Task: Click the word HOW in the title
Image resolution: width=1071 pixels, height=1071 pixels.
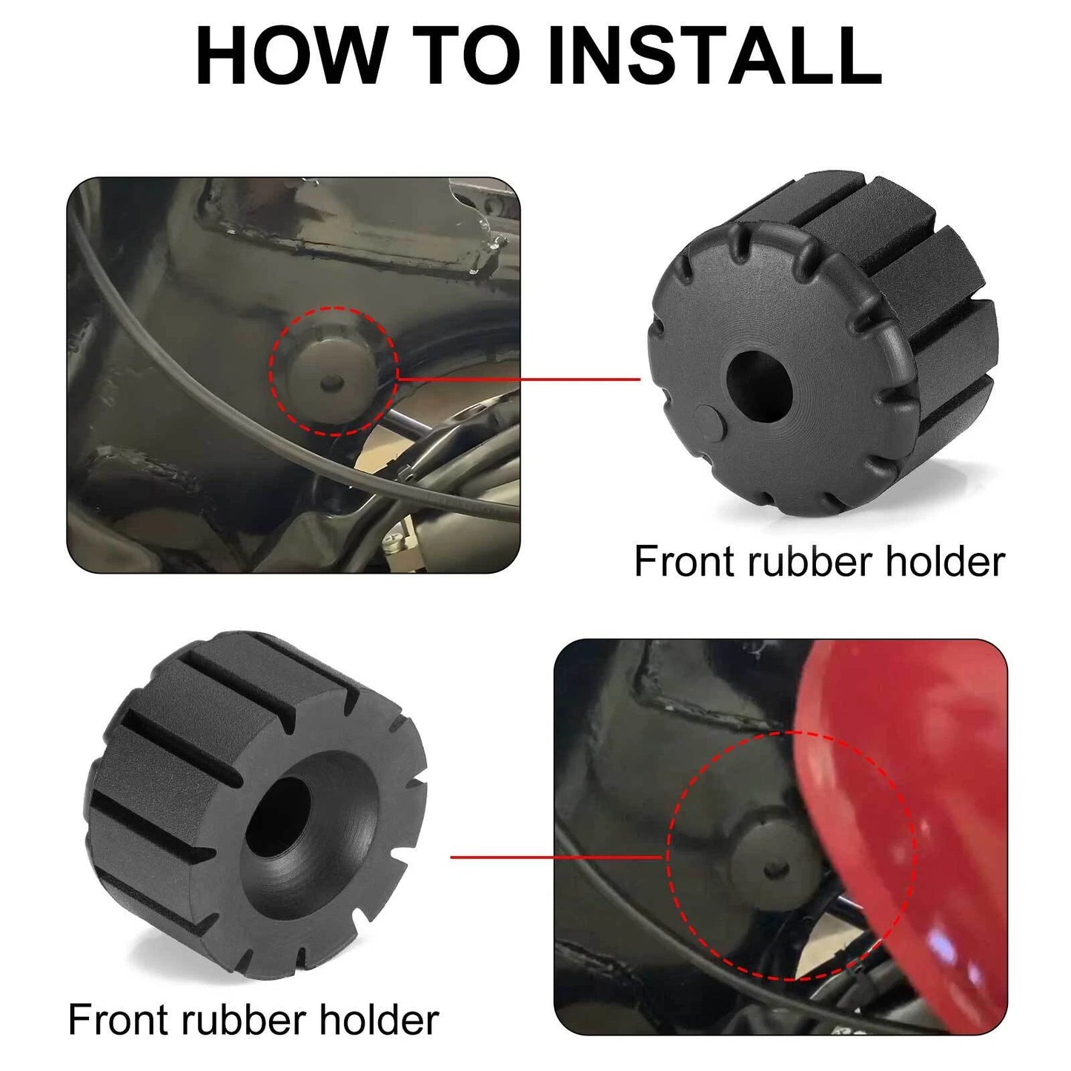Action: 289,56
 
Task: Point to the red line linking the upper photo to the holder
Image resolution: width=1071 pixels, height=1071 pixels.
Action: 519,379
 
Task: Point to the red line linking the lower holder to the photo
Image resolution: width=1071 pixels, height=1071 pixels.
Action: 556,857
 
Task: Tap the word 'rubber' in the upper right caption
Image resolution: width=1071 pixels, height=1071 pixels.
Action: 809,561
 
